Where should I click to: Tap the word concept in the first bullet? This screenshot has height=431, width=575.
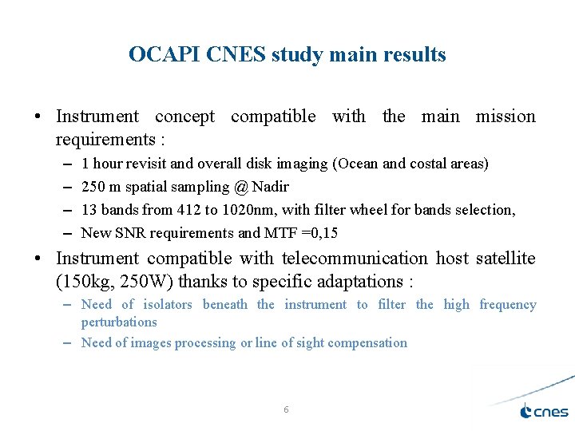tap(184, 117)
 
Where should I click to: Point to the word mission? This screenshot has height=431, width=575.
tap(506, 117)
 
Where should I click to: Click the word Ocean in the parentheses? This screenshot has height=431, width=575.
tap(358, 164)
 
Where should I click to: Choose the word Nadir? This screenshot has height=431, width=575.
tap(270, 187)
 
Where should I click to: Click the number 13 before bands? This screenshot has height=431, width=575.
tap(89, 210)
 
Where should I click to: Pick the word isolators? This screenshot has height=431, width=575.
tap(168, 305)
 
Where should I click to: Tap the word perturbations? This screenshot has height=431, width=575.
tap(119, 322)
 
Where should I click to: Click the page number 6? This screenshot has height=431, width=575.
tap(287, 409)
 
